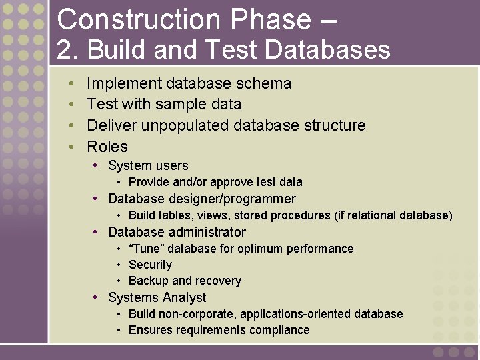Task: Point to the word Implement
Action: [124, 83]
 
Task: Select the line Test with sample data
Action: [164, 104]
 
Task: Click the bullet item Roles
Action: [107, 147]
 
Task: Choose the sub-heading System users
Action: [148, 165]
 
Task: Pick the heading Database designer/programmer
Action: [201, 199]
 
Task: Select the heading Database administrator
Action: [177, 232]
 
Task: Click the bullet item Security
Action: [150, 265]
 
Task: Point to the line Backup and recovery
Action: [185, 281]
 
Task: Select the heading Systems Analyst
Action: [157, 297]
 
